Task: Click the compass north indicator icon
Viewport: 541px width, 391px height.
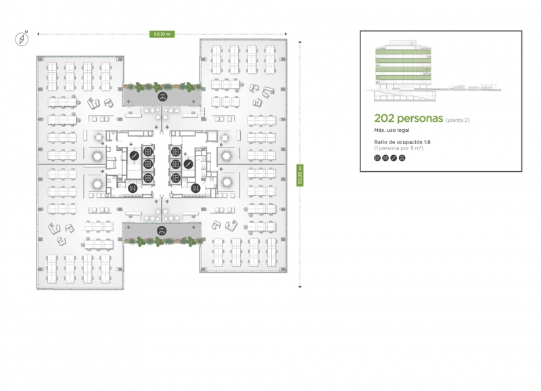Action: point(22,39)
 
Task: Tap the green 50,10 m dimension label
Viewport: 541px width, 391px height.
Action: point(162,34)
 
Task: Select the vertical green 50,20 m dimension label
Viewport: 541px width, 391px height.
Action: point(300,175)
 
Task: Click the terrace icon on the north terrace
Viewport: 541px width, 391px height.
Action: point(162,97)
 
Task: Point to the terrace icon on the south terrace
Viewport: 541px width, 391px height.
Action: point(162,231)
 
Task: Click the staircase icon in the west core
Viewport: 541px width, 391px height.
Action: point(134,156)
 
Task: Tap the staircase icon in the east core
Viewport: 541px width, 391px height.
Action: point(188,164)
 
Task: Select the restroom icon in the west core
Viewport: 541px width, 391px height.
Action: point(133,189)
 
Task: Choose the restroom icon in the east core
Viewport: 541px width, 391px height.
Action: point(195,189)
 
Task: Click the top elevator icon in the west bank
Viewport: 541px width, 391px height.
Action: point(148,152)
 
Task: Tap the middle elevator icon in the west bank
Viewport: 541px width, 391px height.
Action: point(148,164)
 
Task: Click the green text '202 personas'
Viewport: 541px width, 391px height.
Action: point(408,118)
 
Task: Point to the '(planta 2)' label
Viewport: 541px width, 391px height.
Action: point(458,120)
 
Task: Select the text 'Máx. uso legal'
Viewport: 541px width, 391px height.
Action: point(392,131)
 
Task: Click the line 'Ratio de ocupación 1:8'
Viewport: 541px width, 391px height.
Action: point(402,142)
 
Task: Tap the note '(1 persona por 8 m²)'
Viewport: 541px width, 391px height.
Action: point(399,148)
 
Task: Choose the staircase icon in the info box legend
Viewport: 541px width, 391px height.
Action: point(394,158)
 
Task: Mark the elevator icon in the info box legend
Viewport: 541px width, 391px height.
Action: point(377,158)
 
